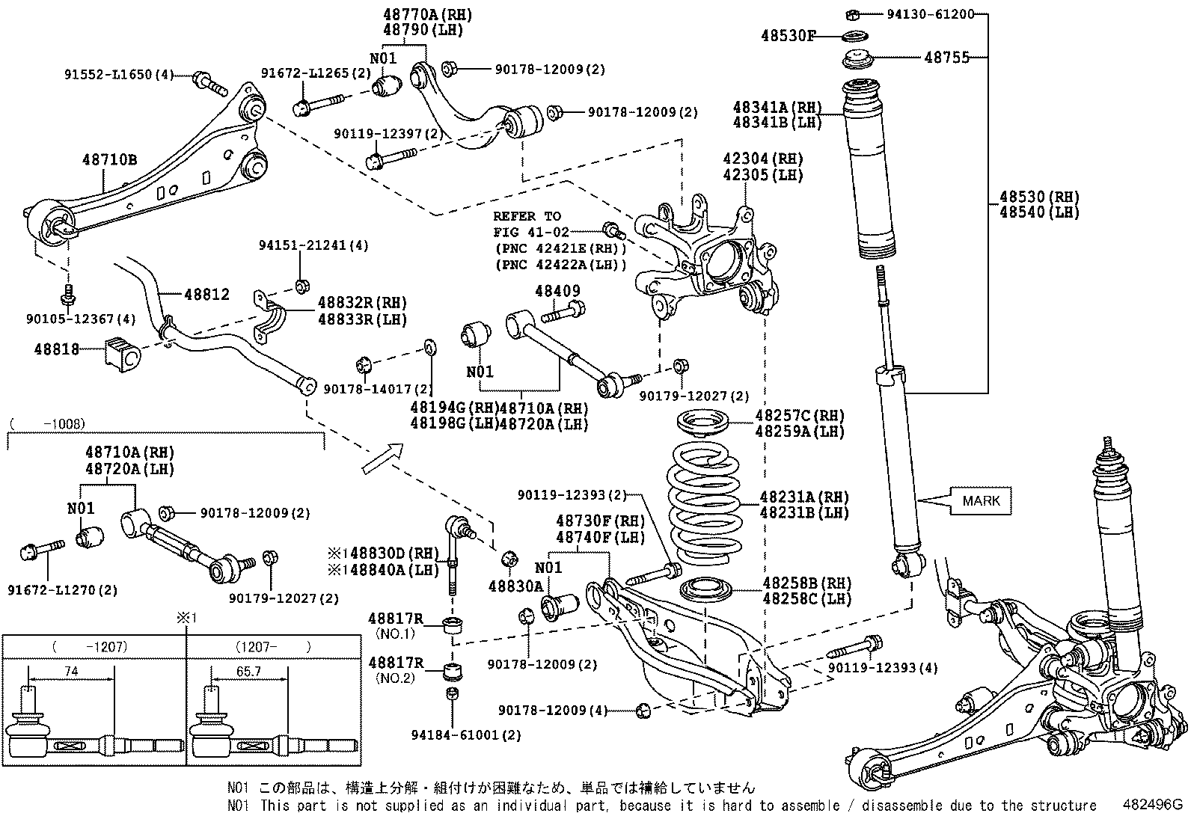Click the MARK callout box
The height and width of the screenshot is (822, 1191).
pos(981,500)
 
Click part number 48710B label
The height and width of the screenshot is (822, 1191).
pos(109,159)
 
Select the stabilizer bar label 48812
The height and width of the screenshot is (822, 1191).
pos(207,295)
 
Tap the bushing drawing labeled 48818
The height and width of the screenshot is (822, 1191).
pos(120,353)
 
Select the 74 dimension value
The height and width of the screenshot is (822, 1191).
pos(71,672)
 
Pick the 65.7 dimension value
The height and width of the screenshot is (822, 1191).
pos(248,672)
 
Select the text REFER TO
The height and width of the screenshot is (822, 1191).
pos(527,216)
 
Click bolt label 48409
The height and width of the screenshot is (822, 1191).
pos(557,290)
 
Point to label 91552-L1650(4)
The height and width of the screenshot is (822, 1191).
pos(118,74)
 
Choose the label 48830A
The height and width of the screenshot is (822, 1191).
pos(515,586)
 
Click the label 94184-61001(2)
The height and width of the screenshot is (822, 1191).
pos(465,735)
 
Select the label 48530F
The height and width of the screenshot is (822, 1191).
pos(789,35)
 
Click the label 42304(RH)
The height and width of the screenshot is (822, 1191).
pos(762,159)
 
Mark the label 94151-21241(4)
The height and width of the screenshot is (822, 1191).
pos(314,245)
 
